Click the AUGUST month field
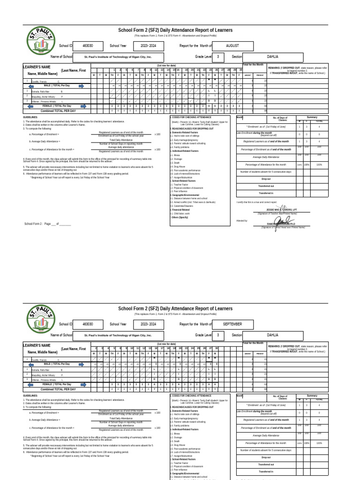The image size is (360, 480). (x=232, y=46)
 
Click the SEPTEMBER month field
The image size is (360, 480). (x=232, y=324)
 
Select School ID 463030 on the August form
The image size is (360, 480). (x=88, y=46)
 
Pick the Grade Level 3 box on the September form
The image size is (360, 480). (x=217, y=335)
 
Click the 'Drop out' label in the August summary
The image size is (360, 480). (x=266, y=179)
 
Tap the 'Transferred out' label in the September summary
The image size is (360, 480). (x=266, y=465)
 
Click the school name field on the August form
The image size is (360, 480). (x=118, y=56)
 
